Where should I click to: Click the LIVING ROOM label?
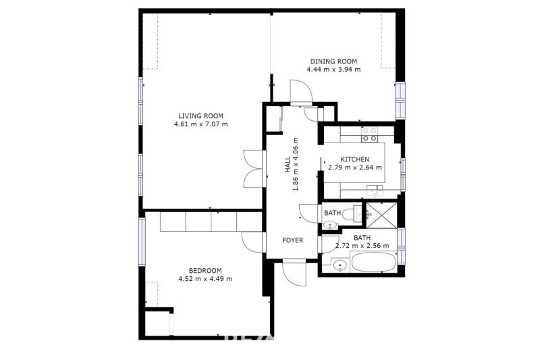200,116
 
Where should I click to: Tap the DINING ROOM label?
333,61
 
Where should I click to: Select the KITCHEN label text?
355,159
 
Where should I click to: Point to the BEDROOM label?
205,271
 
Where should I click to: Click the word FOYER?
293,240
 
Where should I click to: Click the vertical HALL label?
288,165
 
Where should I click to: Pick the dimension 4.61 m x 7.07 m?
200,124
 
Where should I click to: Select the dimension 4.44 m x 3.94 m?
333,70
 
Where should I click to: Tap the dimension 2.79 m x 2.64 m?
355,168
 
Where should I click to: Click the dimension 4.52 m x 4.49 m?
205,279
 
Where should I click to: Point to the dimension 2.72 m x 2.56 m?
362,246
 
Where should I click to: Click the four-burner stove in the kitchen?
369,134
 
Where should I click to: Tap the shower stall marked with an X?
381,215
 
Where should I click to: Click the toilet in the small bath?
352,213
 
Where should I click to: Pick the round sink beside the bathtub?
340,265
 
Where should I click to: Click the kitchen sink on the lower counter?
375,190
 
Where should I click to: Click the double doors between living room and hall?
254,169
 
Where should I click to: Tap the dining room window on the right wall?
400,100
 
